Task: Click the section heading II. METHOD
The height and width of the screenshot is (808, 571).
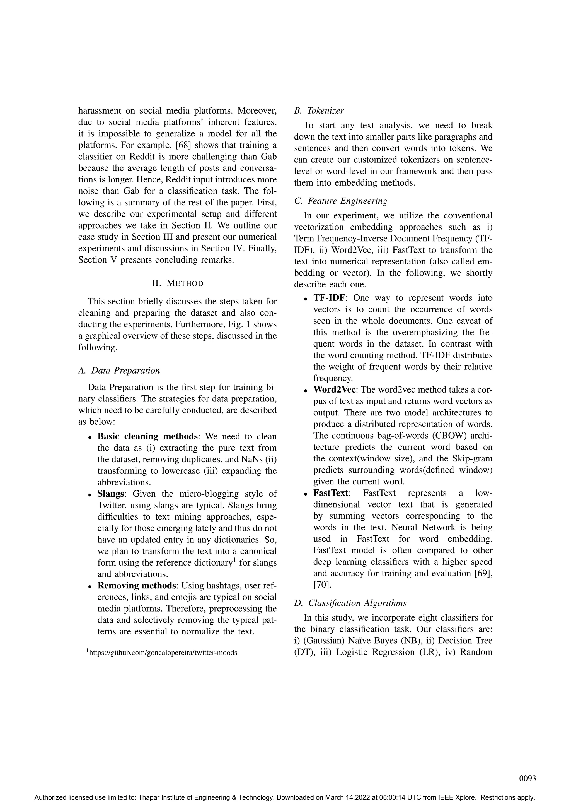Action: click(178, 283)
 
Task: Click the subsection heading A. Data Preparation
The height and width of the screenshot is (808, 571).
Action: click(119, 371)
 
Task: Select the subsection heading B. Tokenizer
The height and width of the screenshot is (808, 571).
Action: click(319, 111)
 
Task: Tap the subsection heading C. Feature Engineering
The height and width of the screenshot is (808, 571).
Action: click(341, 201)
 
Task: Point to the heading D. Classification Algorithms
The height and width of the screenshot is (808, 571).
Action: click(350, 603)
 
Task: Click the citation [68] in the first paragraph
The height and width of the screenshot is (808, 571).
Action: click(183, 145)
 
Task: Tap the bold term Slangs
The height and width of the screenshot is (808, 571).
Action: click(110, 494)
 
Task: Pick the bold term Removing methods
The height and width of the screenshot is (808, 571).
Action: click(136, 586)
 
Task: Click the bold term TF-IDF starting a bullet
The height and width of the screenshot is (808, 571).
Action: click(329, 298)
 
